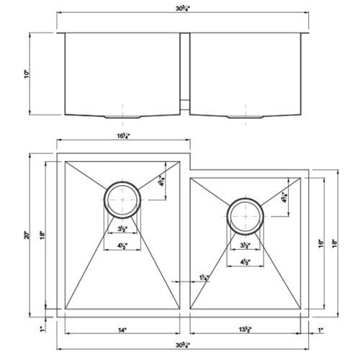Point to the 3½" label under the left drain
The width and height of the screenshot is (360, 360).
click(x=123, y=229)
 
